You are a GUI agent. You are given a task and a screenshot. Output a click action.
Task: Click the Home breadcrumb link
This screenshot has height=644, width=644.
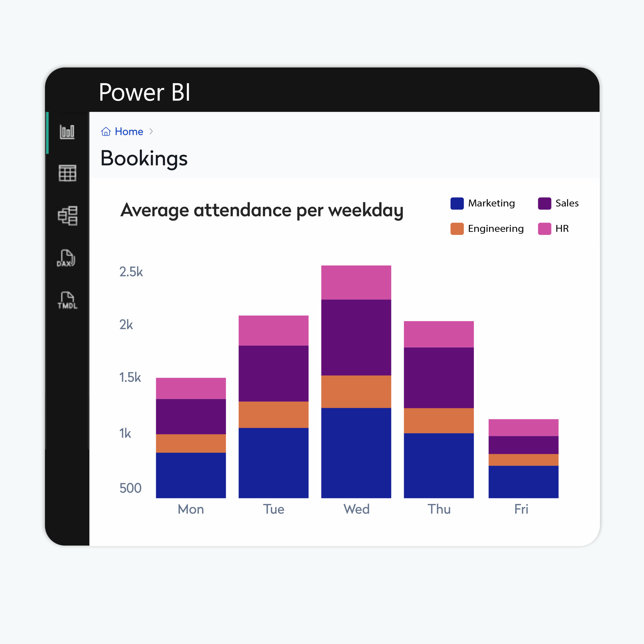[x=129, y=132]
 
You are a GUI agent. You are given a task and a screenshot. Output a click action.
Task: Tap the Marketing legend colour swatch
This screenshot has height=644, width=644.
[x=457, y=203]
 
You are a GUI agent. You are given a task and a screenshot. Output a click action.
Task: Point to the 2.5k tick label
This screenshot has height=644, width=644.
[x=131, y=272]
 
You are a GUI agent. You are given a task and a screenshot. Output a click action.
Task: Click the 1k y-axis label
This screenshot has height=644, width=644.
[x=125, y=433]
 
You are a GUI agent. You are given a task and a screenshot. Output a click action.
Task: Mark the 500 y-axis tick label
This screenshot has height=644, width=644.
[x=130, y=488]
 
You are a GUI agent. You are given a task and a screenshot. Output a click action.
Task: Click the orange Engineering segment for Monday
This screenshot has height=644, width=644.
[x=191, y=443]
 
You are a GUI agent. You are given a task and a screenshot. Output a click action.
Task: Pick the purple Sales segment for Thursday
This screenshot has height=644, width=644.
[x=439, y=378]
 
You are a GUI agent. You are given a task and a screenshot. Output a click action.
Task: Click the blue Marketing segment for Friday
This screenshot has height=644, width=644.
[x=523, y=482]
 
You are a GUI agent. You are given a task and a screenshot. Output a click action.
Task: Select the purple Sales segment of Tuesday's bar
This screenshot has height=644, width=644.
[x=273, y=373]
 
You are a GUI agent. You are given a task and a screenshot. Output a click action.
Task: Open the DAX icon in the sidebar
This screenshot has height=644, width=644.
[x=66, y=258]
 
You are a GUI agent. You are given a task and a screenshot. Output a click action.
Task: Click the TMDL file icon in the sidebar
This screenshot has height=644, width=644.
[x=67, y=300]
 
